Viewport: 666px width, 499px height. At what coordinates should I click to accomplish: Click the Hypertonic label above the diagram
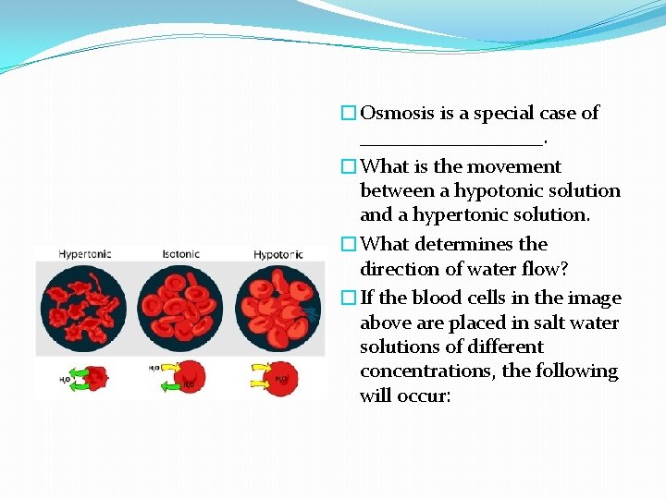point(86,253)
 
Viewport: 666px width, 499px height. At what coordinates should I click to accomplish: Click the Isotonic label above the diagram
point(180,253)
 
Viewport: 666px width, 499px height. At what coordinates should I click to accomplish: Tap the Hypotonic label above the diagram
point(277,253)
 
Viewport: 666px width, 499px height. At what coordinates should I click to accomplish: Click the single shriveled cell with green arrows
point(93,376)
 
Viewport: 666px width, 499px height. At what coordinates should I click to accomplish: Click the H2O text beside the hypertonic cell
point(65,379)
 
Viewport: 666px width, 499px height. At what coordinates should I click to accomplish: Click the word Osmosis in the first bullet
point(393,114)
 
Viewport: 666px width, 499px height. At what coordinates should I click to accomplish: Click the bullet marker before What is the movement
point(348,167)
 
